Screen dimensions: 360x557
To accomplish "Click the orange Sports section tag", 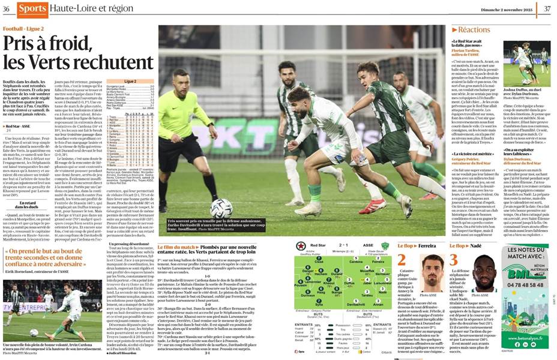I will tap(32, 9).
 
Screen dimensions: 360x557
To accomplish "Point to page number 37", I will tap(547, 8).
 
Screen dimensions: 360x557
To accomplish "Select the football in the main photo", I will tap(221, 208).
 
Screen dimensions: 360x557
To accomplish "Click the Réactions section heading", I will tap(474, 29).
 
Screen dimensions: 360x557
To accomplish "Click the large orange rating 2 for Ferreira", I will tap(402, 260).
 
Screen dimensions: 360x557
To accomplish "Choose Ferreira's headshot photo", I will tap(432, 272).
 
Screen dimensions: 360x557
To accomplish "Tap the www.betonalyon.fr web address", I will tap(528, 355).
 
